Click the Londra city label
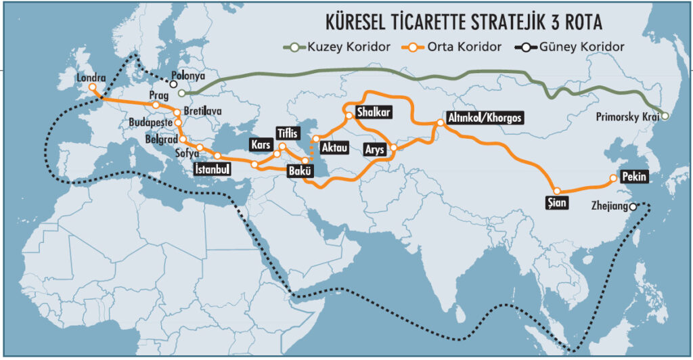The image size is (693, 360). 92,77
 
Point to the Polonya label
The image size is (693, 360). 188,77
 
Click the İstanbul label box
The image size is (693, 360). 212,168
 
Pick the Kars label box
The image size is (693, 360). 260,145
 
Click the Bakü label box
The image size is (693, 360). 299,171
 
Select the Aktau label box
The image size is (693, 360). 335,147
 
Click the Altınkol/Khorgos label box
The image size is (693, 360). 485,117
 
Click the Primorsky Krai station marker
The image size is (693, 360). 665,116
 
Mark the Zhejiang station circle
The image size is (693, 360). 632,206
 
